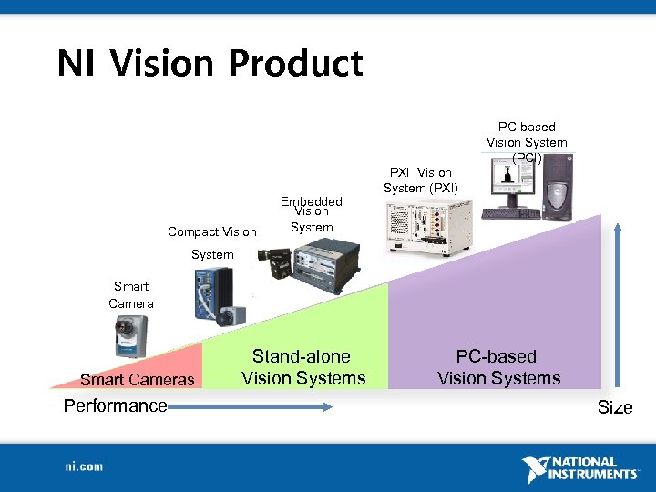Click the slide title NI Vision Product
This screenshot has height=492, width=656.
click(x=210, y=64)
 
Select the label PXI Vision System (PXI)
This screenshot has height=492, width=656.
click(x=420, y=179)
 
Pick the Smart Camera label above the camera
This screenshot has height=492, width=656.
click(x=131, y=295)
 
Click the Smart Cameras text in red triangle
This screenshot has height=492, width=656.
click(x=137, y=379)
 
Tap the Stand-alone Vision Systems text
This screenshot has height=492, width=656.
click(x=303, y=367)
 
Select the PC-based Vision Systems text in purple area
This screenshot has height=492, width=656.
click(x=498, y=367)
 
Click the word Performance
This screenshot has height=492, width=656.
click(x=115, y=405)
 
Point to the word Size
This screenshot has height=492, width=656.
click(x=615, y=407)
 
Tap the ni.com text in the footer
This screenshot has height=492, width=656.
click(x=84, y=466)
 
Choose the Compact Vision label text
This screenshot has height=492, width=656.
click(x=212, y=231)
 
